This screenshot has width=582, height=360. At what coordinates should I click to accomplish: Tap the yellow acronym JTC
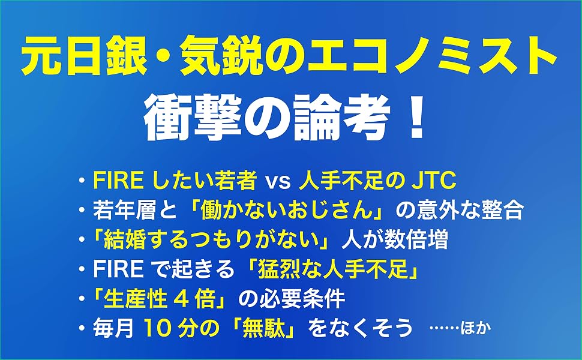point(434,181)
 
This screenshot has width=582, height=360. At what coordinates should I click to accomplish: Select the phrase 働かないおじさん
point(286,211)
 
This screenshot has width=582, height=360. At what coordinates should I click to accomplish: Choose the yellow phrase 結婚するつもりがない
point(212,240)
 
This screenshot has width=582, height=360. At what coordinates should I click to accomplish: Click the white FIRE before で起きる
point(118,269)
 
